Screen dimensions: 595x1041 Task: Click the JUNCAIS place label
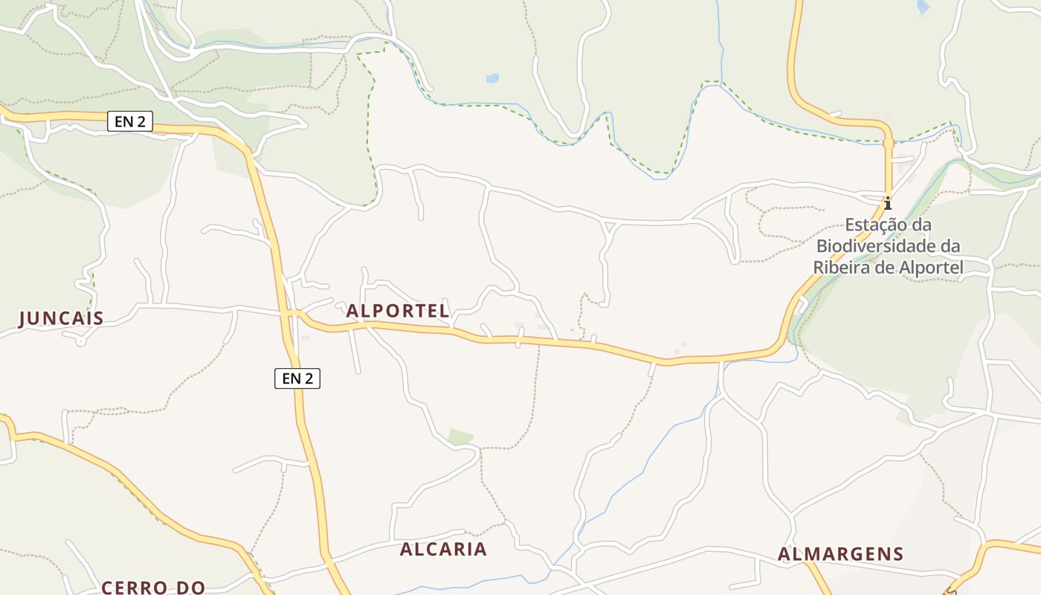click(x=61, y=319)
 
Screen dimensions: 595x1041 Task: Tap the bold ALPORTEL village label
click(x=398, y=311)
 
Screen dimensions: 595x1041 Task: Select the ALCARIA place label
click(x=443, y=550)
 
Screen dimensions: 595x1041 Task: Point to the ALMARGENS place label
click(x=840, y=554)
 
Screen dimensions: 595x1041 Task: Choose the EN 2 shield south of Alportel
click(x=297, y=379)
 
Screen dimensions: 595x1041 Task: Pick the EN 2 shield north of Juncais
click(x=130, y=121)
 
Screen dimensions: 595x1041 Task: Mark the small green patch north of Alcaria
click(x=460, y=437)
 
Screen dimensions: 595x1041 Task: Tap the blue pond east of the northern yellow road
click(x=923, y=7)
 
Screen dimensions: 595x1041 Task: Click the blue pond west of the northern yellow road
click(x=492, y=78)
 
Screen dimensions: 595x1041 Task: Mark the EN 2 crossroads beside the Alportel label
click(x=291, y=314)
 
